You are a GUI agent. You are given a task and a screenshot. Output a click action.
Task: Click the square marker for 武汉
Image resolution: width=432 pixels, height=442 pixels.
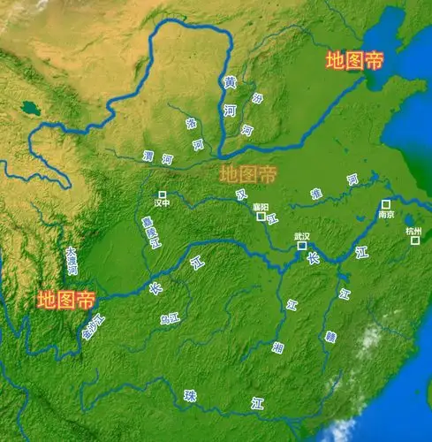coord(301,246)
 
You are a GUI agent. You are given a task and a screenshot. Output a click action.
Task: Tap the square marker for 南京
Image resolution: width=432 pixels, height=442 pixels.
coord(386,204)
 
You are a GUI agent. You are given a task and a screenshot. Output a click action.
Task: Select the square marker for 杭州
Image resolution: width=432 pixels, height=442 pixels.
coord(415,240)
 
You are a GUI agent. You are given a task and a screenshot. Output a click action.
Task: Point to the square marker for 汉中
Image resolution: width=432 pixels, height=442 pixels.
coord(162,194)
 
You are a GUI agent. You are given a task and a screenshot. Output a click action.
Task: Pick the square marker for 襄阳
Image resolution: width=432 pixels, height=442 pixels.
coord(260,217)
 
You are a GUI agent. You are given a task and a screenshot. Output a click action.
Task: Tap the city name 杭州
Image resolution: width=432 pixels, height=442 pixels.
coord(413,230)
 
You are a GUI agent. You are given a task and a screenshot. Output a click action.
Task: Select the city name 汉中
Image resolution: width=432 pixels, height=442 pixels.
coord(161,204)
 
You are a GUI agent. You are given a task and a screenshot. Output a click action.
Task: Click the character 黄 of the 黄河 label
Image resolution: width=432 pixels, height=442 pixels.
coord(230,82)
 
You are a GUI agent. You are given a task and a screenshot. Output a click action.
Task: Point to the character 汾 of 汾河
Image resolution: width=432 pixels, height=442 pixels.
coord(257,99)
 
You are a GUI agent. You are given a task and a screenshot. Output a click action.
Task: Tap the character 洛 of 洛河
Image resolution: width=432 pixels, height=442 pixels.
coord(192,124)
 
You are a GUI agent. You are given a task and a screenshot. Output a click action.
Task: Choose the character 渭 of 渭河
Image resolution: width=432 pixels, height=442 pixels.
coord(148,156)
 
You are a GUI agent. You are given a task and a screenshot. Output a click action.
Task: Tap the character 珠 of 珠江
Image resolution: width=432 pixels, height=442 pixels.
coord(189,396)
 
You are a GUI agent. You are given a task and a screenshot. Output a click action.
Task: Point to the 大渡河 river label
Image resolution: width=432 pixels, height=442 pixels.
coord(72,261)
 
